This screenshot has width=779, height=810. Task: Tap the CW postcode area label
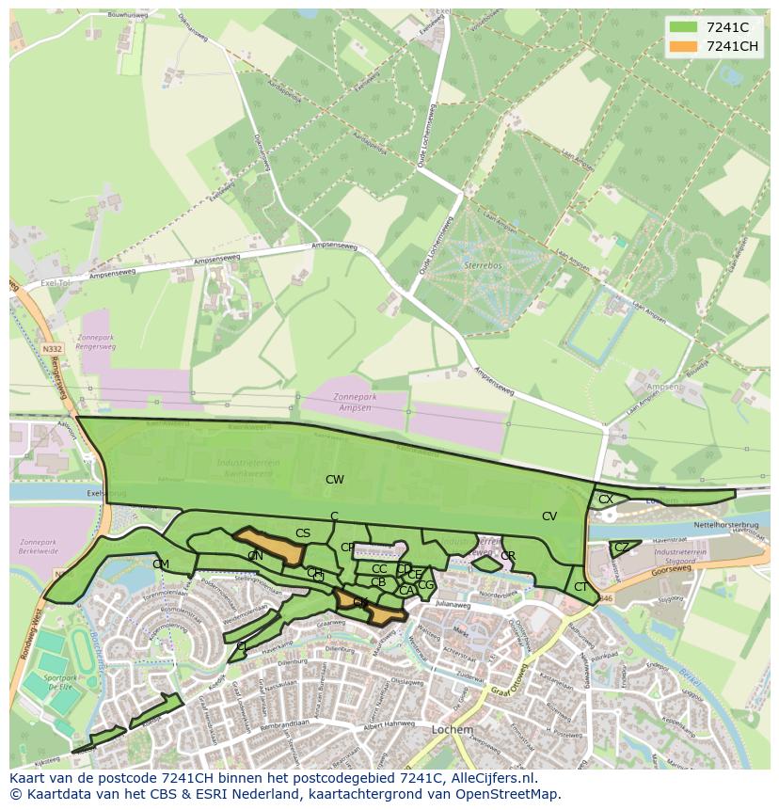[335, 480]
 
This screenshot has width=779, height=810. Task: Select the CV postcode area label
[549, 516]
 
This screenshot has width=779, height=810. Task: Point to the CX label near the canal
[606, 500]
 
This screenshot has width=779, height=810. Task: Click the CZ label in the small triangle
[622, 547]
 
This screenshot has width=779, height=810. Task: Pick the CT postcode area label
[580, 587]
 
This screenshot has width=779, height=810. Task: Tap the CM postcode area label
[161, 564]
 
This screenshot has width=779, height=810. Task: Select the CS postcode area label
[303, 533]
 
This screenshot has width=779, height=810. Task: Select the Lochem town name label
[452, 730]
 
